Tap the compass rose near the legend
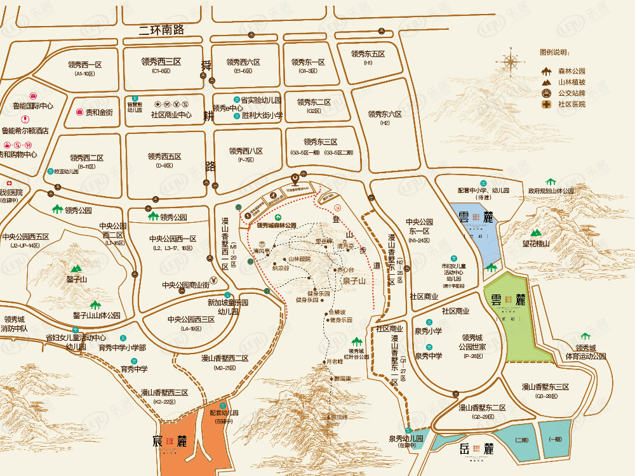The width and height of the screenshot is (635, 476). click(x=511, y=62)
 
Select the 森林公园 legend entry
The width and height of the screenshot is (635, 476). click(x=571, y=71)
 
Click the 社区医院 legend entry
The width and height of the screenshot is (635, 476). click(x=571, y=104)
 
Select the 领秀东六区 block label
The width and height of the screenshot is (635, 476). click(x=385, y=114)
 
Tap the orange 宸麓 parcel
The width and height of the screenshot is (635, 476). click(x=184, y=447)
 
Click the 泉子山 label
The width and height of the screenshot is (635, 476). click(x=354, y=281)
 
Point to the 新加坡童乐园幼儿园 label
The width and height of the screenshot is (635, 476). click(x=227, y=307)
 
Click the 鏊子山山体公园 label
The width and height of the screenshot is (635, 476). click(x=97, y=315)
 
